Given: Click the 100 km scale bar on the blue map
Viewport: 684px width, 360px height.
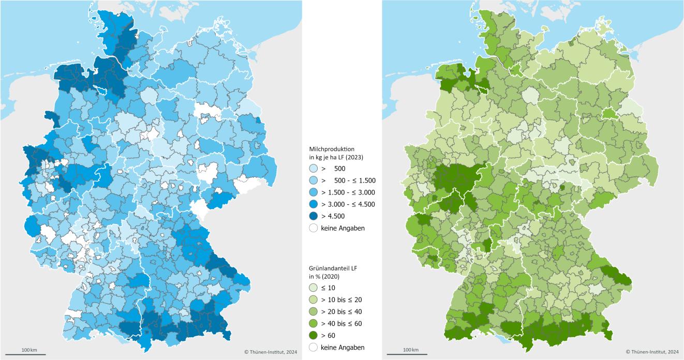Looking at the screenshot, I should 30,353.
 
